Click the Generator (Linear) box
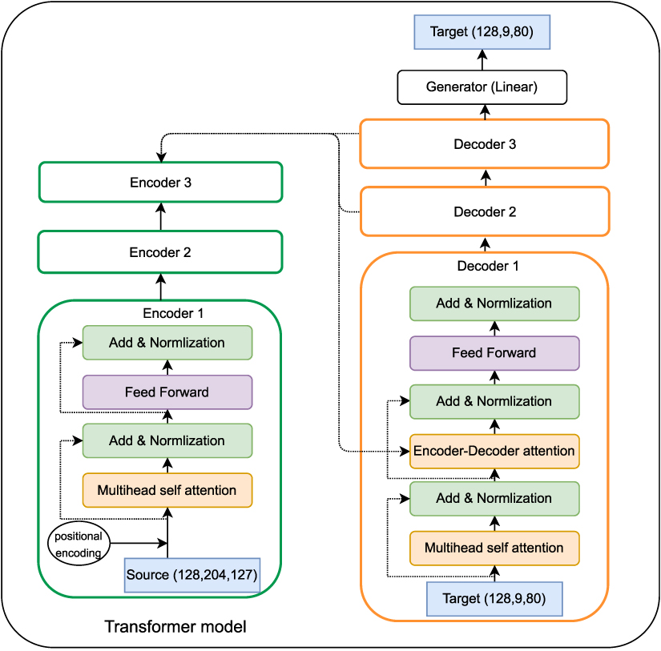(482, 87)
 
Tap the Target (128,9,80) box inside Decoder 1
(494, 598)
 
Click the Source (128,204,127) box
(192, 575)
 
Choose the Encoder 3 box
(160, 183)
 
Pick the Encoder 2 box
(160, 252)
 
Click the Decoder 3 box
(484, 144)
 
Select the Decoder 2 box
(484, 212)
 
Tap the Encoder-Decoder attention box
(494, 451)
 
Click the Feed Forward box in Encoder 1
(167, 392)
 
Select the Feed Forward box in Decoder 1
(494, 352)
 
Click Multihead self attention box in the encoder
(167, 490)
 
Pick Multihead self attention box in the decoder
(494, 548)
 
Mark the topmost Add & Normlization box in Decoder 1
(494, 303)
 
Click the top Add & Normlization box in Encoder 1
(167, 343)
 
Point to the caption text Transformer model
(175, 626)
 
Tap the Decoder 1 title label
(487, 266)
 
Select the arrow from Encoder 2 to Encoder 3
(160, 216)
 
